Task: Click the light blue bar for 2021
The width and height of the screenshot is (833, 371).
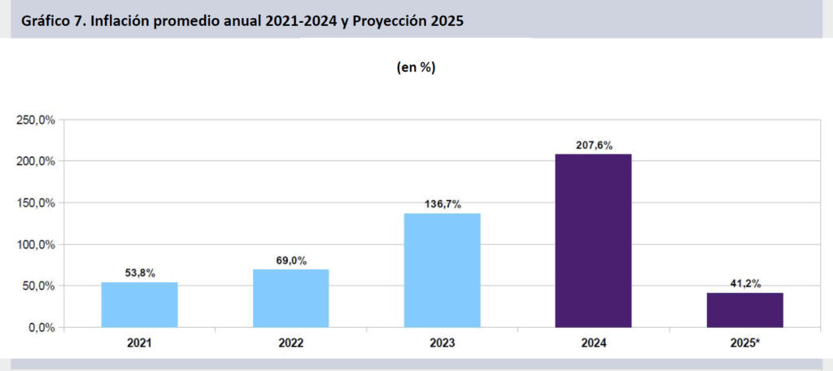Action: click(139, 305)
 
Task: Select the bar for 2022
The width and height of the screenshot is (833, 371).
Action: click(290, 299)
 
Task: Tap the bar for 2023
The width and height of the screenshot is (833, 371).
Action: click(442, 270)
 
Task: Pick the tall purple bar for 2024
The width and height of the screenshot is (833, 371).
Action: click(593, 241)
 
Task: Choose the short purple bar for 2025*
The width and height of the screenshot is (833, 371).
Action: click(744, 310)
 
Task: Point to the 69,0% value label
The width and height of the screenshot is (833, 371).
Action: click(290, 260)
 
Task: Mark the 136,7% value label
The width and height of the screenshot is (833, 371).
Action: click(442, 204)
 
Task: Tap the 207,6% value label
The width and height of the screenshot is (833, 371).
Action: click(593, 146)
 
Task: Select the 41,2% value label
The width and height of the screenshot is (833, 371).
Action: click(744, 283)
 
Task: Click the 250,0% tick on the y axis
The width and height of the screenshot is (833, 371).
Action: click(35, 120)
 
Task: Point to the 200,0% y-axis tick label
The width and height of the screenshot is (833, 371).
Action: click(35, 162)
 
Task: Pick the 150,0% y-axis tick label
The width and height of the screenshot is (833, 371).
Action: click(35, 203)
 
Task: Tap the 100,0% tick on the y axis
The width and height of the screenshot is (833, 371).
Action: click(35, 245)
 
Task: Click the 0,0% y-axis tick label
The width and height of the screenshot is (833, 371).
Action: click(39, 328)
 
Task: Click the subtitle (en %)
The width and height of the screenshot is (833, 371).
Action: click(416, 68)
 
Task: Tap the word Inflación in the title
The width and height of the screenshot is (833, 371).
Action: click(125, 22)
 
